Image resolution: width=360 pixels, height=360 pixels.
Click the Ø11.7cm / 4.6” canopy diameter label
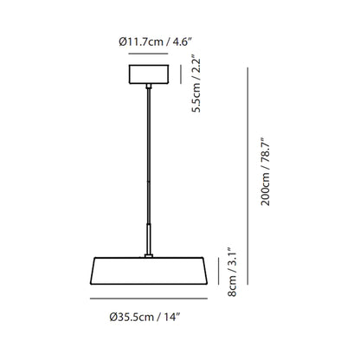pos(155,42)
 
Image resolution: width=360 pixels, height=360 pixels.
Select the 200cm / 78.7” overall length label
pos(266,171)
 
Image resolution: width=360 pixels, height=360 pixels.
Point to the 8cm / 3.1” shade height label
pos(232,272)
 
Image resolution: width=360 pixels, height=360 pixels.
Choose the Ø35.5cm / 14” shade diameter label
pos(145,317)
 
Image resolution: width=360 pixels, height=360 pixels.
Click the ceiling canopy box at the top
pos(149,74)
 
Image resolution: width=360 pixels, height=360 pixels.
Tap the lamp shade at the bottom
pos(149,271)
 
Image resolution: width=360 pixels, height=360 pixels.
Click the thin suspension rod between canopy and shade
pos(149,156)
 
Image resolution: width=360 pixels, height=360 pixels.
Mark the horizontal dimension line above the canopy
pos(148,54)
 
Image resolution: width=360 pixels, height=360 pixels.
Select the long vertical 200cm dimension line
pos(247,177)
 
